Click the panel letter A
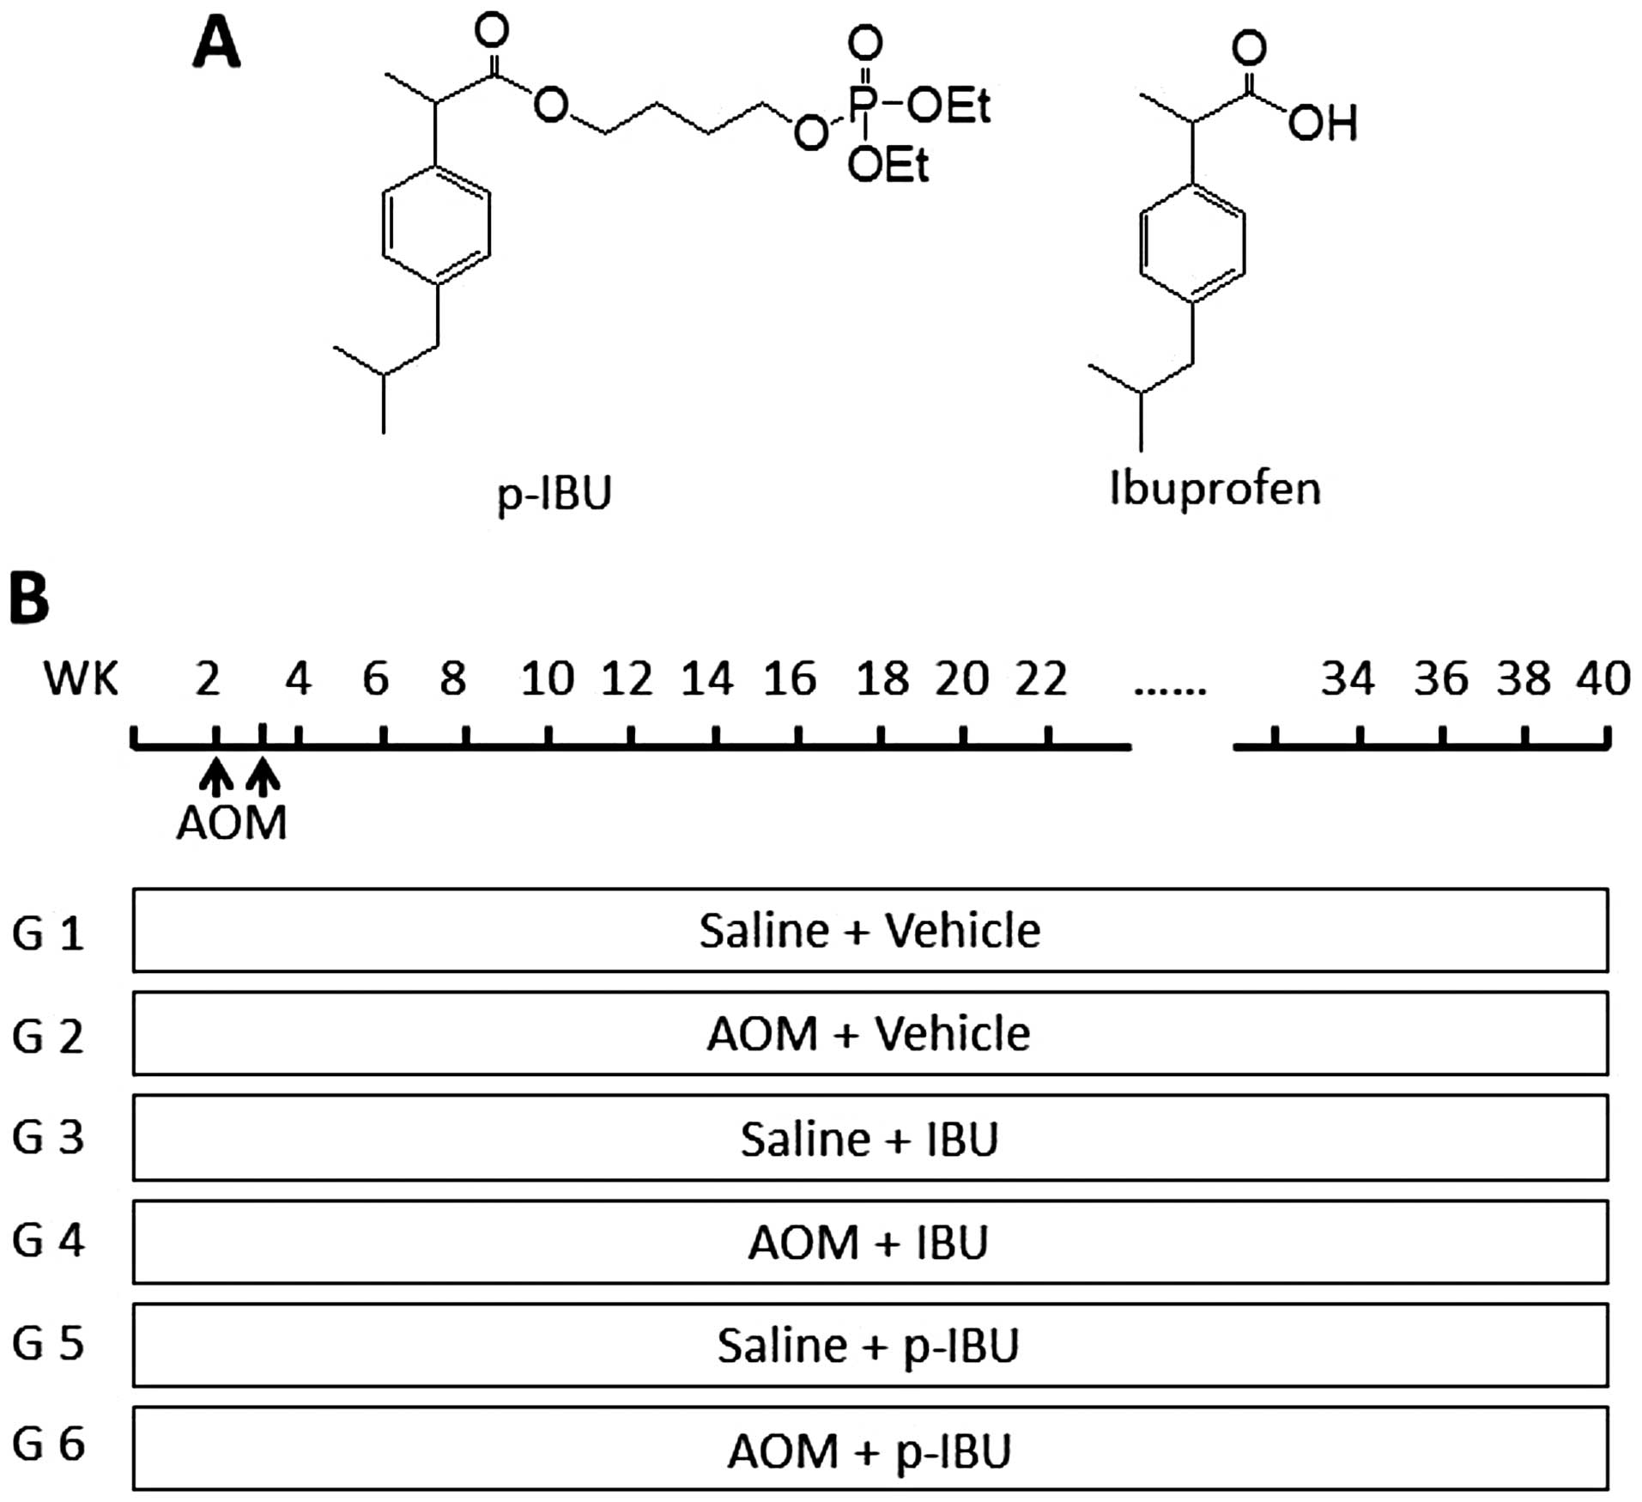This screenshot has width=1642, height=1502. tap(216, 45)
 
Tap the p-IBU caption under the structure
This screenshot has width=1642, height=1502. tap(554, 494)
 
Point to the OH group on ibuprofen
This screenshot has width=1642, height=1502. tap(1322, 123)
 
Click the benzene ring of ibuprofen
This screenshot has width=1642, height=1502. tap(1193, 241)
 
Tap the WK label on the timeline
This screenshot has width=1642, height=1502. tap(81, 679)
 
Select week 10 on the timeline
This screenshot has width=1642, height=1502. tap(547, 679)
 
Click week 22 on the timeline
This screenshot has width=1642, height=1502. tap(1041, 679)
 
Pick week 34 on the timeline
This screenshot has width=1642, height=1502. tap(1348, 679)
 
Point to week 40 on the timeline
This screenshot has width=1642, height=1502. tap(1603, 679)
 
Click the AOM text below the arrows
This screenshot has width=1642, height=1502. tap(232, 824)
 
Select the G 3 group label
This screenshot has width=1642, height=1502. tap(48, 1137)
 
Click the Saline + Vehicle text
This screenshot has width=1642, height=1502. tap(869, 931)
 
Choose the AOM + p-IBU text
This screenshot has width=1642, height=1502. tap(869, 1451)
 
